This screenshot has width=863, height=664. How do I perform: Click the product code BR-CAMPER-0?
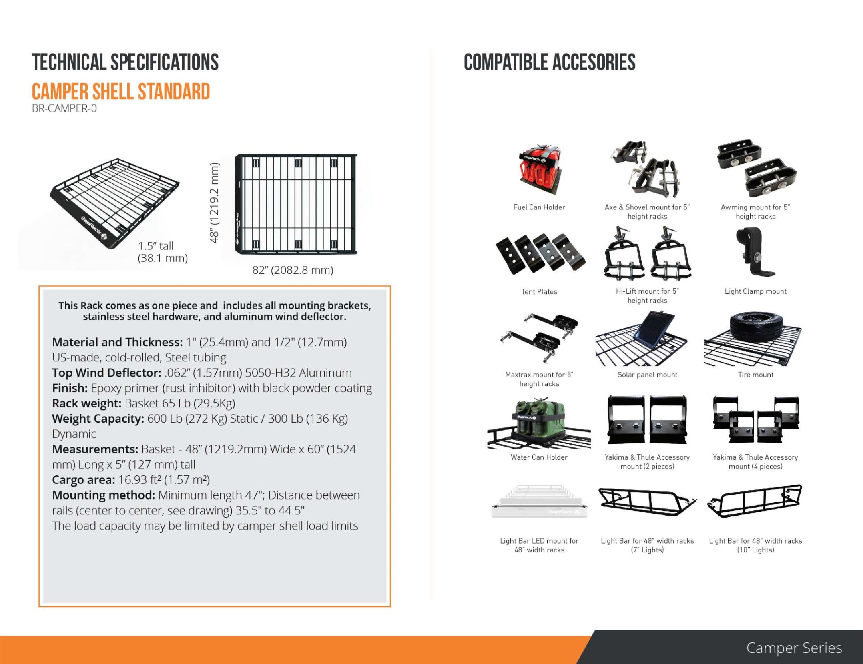click(64, 108)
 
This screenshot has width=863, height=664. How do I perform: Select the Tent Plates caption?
click(539, 292)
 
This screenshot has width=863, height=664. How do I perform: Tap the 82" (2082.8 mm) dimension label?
click(293, 270)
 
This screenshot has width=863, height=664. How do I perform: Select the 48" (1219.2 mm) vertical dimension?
click(214, 203)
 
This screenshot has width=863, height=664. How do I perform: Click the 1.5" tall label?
click(156, 246)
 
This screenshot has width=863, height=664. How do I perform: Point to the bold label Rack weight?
click(87, 403)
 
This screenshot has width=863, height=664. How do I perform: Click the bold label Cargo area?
click(84, 480)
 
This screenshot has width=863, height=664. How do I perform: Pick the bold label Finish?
click(70, 388)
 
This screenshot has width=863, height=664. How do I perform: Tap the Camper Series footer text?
click(794, 648)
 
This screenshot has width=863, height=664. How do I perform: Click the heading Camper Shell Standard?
click(121, 92)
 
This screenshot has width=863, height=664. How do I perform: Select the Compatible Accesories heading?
click(550, 62)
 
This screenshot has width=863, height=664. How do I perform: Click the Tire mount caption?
click(755, 375)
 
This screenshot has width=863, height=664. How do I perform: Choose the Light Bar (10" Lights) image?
click(755, 501)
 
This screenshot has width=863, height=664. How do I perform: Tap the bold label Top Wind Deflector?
click(107, 373)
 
